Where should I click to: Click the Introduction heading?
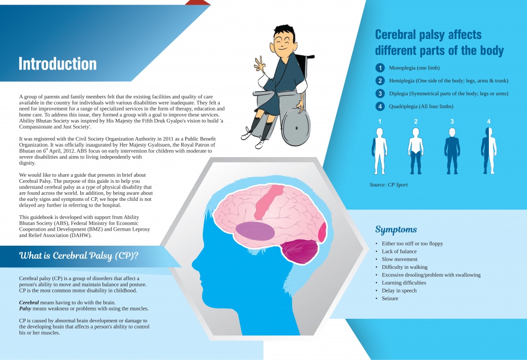[58, 63]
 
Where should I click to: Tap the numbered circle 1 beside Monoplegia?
[380, 68]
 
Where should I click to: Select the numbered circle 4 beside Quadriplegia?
[380, 106]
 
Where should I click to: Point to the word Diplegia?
[398, 94]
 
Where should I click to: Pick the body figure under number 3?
[452, 151]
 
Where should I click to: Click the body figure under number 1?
[379, 151]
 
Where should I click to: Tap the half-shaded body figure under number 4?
[489, 151]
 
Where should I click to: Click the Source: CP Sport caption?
[389, 185]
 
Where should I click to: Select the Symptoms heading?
[396, 230]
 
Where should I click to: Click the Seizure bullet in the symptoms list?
[390, 298]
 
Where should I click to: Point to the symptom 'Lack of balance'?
[399, 251]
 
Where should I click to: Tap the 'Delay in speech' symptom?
[399, 290]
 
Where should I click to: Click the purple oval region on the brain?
[255, 231]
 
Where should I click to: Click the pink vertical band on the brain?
[268, 202]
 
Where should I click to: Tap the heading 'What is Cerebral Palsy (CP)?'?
[79, 255]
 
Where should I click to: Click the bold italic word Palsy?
[25, 308]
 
